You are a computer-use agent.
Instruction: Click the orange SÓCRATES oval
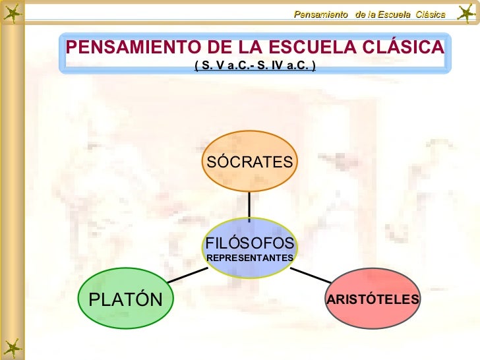click(x=249, y=162)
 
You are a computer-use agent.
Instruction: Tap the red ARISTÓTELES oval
click(x=373, y=299)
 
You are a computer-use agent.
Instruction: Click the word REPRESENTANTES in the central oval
click(x=249, y=256)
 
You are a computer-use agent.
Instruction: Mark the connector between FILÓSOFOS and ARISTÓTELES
click(x=311, y=274)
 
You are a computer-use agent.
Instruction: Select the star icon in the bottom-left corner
click(x=11, y=347)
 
